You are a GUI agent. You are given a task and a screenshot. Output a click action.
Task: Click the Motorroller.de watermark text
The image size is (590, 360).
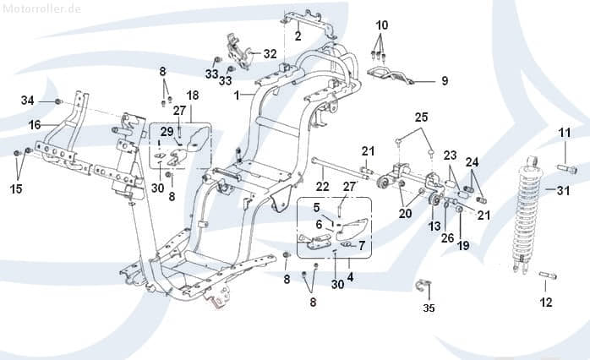(x=41, y=8)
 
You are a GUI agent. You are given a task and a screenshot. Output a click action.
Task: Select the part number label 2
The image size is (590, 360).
(x=298, y=35)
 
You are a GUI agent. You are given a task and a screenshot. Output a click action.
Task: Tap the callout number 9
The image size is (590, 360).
(x=445, y=81)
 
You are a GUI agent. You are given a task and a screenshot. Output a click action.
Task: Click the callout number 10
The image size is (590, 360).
(x=382, y=25)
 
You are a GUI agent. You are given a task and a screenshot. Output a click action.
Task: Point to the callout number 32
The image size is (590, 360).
(x=270, y=53)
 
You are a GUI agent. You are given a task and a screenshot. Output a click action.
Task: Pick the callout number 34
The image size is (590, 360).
(x=28, y=101)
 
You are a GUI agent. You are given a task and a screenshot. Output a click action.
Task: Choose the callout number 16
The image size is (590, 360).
(x=35, y=124)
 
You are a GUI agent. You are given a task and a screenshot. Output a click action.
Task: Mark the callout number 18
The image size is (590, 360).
(x=193, y=95)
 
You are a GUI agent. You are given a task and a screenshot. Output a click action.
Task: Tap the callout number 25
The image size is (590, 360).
(x=421, y=116)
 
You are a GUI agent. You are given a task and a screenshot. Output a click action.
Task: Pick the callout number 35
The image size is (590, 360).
(x=429, y=308)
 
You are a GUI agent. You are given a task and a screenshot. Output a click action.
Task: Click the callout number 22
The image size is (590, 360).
(x=322, y=186)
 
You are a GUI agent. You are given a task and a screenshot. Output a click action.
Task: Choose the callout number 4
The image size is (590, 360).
(x=350, y=276)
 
